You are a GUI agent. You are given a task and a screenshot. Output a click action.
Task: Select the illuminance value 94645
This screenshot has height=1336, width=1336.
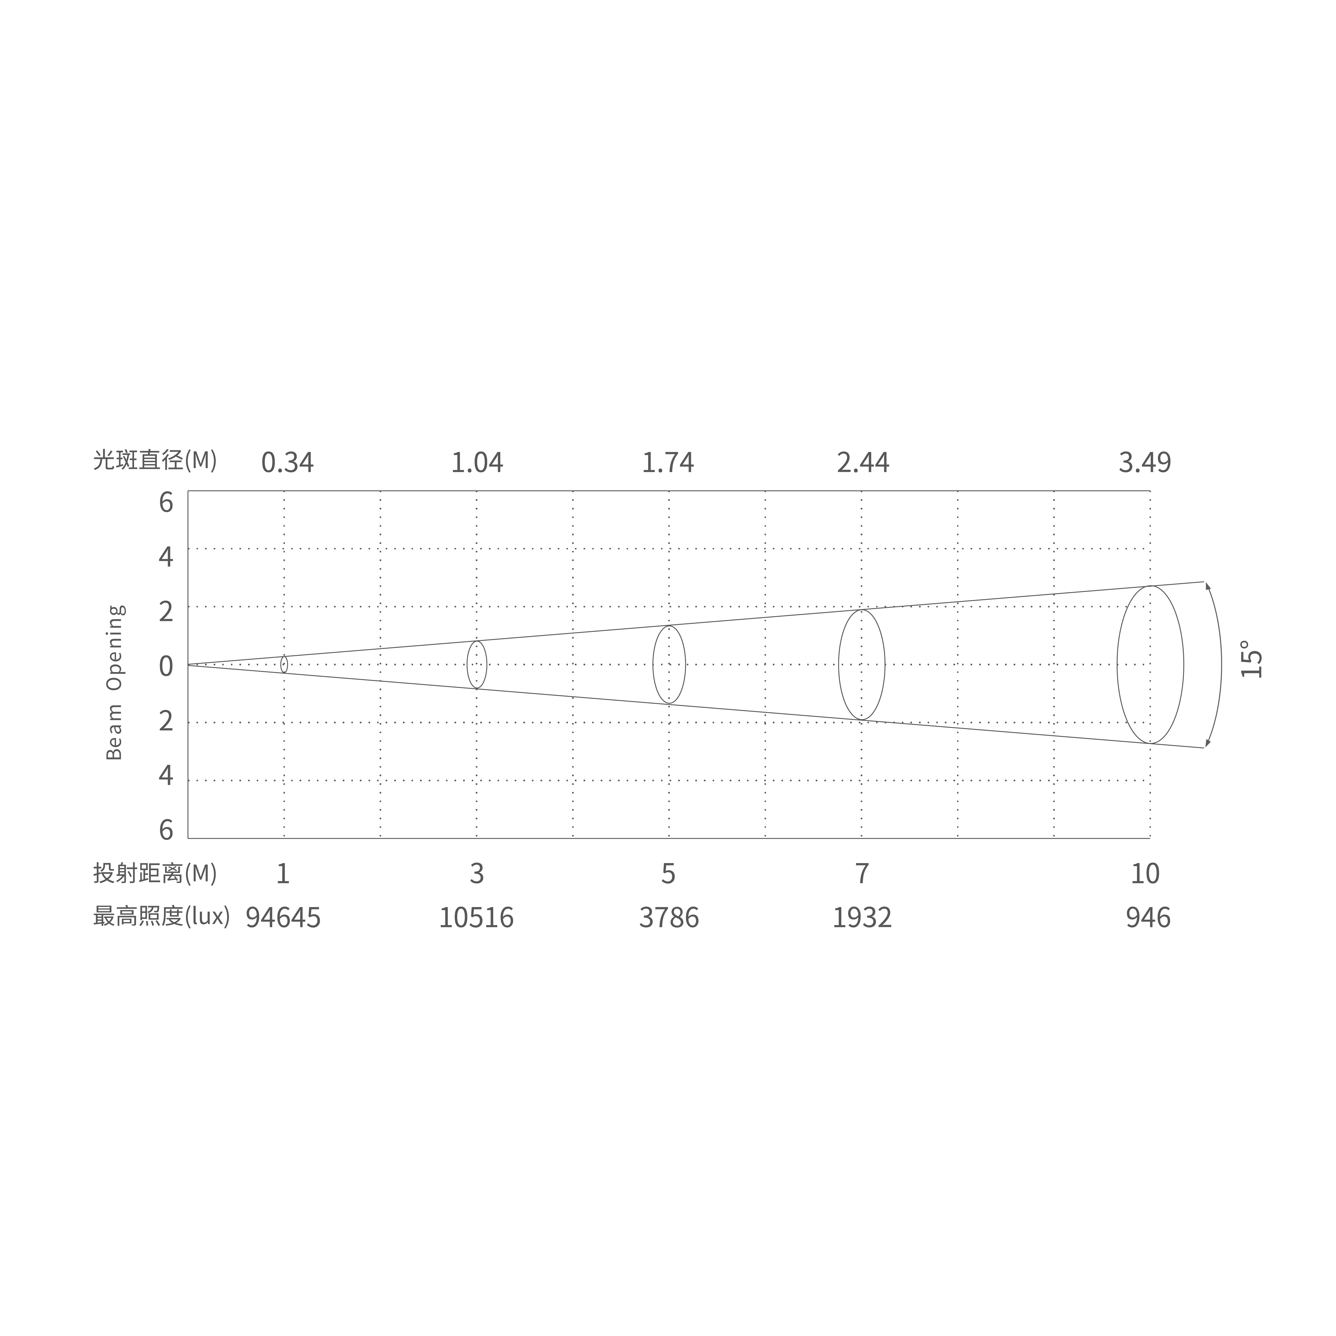pyautogui.click(x=284, y=918)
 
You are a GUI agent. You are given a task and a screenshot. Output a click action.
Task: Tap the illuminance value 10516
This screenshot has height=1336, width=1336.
pyautogui.click(x=476, y=918)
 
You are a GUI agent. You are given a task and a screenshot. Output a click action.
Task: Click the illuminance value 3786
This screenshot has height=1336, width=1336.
pyautogui.click(x=669, y=918)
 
